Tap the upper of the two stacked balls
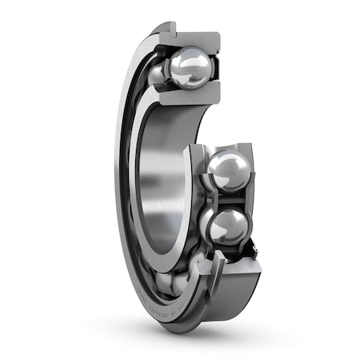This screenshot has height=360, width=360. [228, 170]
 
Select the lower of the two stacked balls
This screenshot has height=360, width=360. [227, 227]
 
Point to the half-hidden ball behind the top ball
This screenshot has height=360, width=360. [157, 74]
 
